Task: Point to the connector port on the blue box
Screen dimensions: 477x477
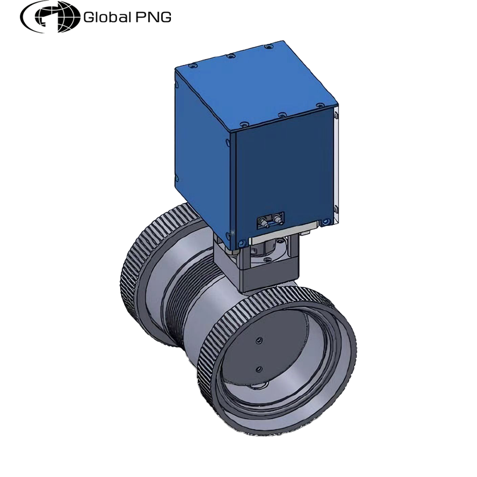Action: click(x=271, y=219)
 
